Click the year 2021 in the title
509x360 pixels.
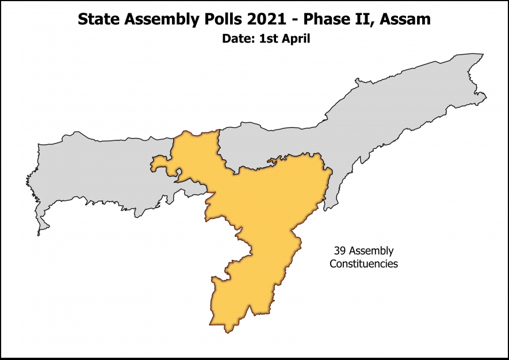[x=257, y=20]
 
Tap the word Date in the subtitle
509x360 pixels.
[x=236, y=40]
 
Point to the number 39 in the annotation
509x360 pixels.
[x=340, y=251]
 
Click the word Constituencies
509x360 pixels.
[x=363, y=264]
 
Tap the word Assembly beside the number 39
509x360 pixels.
[x=371, y=251]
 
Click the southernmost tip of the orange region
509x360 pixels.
[x=229, y=331]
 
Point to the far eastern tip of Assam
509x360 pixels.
[x=486, y=95]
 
